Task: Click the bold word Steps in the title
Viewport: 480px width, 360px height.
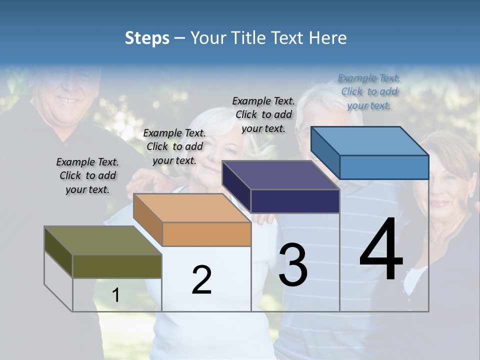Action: [147, 38]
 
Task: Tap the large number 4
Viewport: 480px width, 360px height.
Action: [381, 250]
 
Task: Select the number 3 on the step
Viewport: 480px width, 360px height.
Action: [292, 265]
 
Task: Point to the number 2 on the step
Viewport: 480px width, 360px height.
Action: [201, 280]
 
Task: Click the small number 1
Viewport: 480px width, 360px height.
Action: [116, 295]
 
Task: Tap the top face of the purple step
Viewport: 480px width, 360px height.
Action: [280, 175]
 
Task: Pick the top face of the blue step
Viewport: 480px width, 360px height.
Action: [370, 141]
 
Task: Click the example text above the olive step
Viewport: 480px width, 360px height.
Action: [87, 176]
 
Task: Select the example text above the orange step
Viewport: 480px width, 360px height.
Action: [174, 147]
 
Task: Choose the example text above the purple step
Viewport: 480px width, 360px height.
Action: [263, 114]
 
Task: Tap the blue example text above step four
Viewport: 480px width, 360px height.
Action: [369, 92]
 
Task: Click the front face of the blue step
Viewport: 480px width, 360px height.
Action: [384, 167]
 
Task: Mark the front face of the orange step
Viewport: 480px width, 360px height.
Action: [206, 234]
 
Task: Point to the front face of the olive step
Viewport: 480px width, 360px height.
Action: [117, 266]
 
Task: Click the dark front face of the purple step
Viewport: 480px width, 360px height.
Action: [295, 201]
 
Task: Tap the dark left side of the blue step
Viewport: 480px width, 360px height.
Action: [325, 153]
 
